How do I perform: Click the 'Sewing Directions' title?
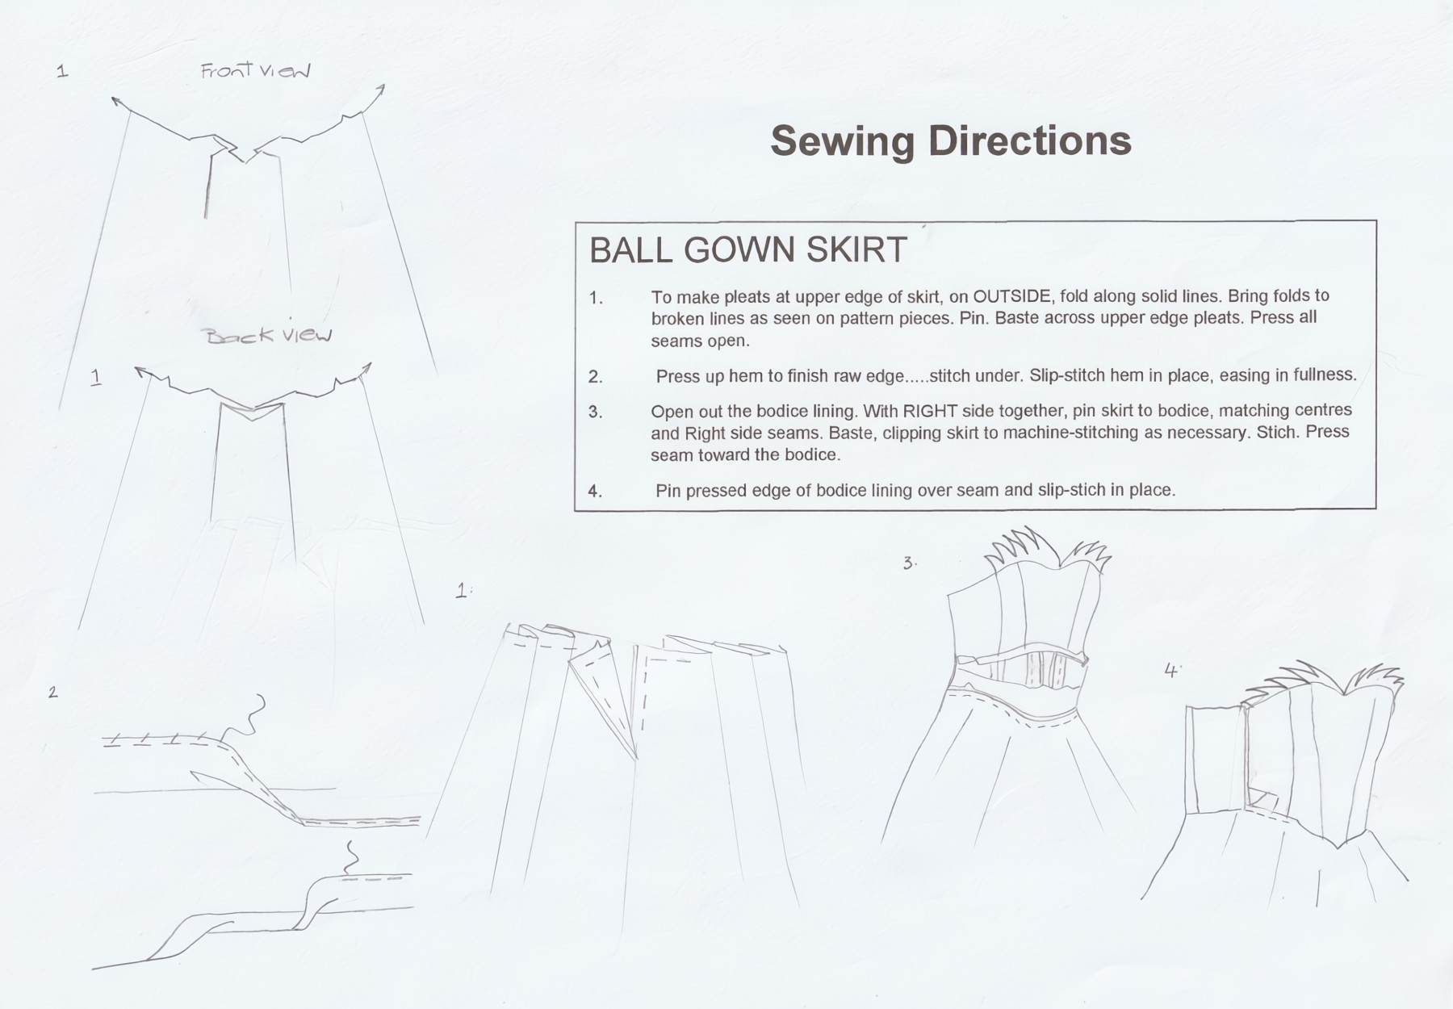[951, 141]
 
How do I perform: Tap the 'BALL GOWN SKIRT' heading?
[748, 250]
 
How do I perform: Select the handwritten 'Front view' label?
[256, 71]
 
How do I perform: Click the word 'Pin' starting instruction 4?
[668, 491]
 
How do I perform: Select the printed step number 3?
[595, 412]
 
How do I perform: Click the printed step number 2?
[595, 377]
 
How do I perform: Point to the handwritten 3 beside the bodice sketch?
[909, 563]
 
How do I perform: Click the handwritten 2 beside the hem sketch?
[53, 692]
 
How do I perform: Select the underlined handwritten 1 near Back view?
[97, 377]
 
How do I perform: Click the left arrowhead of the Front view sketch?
[116, 102]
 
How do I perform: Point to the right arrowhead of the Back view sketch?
[367, 369]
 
